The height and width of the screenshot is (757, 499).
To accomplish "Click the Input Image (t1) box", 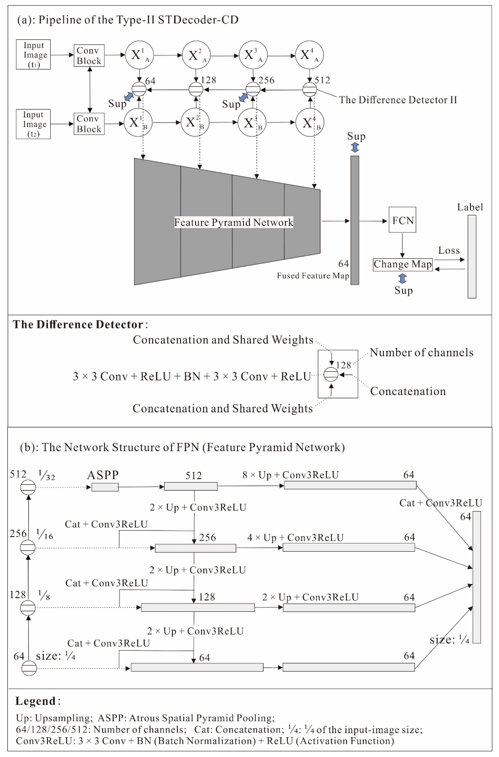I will [x=33, y=55].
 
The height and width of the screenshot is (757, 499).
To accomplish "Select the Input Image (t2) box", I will [x=33, y=124].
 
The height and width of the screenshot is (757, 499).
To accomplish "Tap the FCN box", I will [x=402, y=220].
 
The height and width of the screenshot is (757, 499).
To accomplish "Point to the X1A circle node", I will [x=139, y=55].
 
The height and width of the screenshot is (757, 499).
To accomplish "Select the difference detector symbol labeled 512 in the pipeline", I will [x=310, y=89].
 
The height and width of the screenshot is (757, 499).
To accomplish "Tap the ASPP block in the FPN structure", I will [x=105, y=487].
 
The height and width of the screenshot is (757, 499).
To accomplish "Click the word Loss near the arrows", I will [x=449, y=250].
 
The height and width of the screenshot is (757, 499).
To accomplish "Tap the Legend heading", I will [x=36, y=701].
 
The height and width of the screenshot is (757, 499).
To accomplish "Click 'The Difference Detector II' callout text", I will [x=398, y=100].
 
